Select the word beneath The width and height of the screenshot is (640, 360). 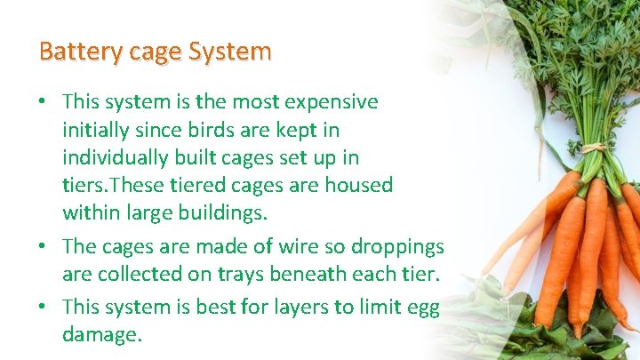[x=333, y=275]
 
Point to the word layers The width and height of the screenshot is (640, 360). [x=291, y=308]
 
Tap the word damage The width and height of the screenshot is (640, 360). [x=100, y=335]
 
